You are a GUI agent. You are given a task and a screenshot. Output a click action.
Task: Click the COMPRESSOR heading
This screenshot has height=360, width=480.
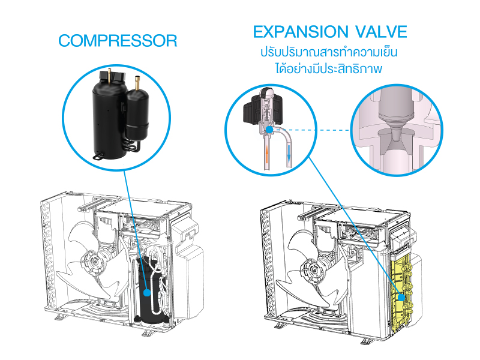pos(118,41)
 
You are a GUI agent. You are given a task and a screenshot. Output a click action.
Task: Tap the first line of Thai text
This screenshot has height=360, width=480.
pos(329,52)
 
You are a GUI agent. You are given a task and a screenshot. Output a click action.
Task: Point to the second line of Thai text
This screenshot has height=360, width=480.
pos(329,69)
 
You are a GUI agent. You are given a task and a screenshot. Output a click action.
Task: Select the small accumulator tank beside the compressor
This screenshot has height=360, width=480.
pos(136,114)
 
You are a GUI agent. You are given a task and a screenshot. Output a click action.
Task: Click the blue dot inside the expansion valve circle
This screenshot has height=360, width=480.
pos(270,129)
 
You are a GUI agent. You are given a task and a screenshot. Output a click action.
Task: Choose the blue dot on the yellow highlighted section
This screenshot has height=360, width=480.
pos(401,297)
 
